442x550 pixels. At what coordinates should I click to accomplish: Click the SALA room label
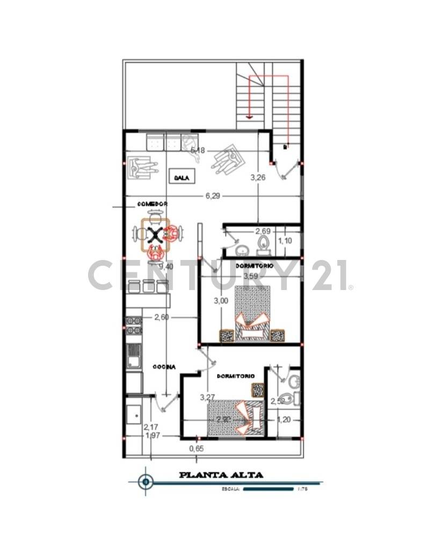pyautogui.click(x=182, y=177)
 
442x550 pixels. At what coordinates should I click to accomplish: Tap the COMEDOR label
pyautogui.click(x=153, y=205)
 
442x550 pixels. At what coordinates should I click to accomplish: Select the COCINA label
pyautogui.click(x=164, y=367)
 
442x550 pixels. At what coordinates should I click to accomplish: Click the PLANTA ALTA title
pyautogui.click(x=221, y=475)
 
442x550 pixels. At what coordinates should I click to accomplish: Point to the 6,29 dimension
pyautogui.click(x=213, y=197)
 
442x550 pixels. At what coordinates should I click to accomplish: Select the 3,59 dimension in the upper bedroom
pyautogui.click(x=251, y=276)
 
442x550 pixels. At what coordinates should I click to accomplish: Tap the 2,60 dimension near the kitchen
pyautogui.click(x=161, y=317)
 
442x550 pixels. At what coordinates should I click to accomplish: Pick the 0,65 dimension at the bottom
pyautogui.click(x=197, y=448)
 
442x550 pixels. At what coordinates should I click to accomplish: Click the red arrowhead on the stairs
pyautogui.click(x=249, y=115)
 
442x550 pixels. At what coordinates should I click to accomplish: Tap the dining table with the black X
pyautogui.click(x=156, y=234)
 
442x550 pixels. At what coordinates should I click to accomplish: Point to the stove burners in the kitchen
pyautogui.click(x=133, y=325)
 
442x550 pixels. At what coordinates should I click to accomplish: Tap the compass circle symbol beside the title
pyautogui.click(x=146, y=481)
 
